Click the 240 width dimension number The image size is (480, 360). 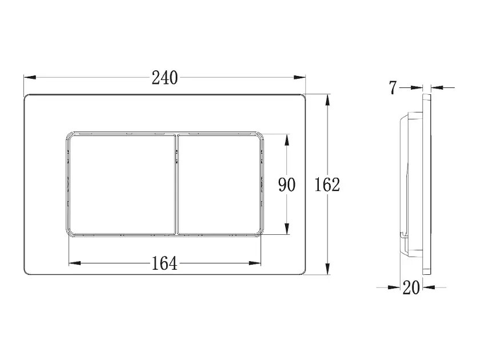(x=165, y=78)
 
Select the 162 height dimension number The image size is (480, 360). (x=327, y=185)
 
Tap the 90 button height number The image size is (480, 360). (x=286, y=185)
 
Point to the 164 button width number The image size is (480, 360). (x=165, y=263)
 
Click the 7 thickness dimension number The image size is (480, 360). (x=393, y=88)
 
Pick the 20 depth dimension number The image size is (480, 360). (x=411, y=288)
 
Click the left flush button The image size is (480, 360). (x=122, y=185)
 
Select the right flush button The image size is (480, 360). (x=219, y=185)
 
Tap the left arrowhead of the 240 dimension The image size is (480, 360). (x=30, y=77)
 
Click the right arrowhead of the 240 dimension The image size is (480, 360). (x=299, y=77)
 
